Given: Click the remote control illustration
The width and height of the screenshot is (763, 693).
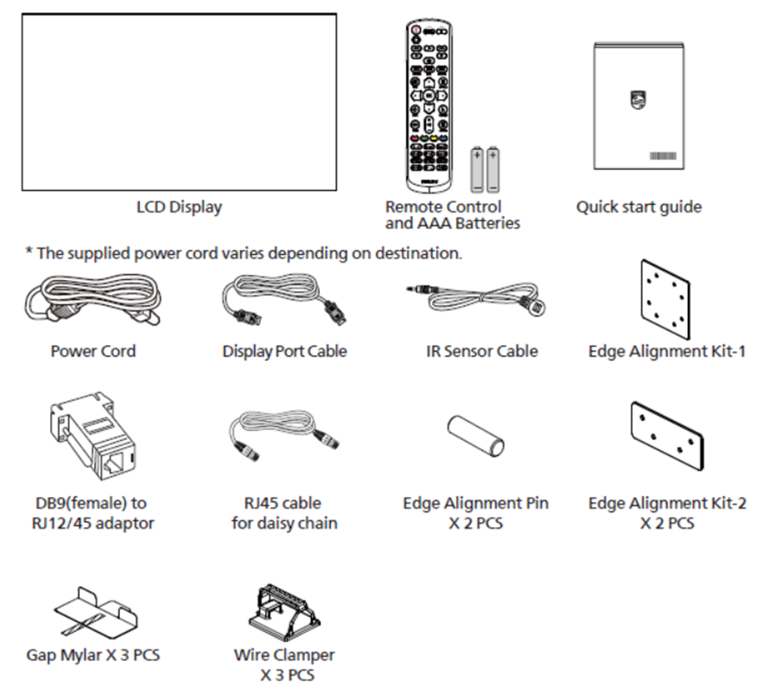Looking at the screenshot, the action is click(429, 105).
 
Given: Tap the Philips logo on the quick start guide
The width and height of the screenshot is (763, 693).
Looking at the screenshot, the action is click(638, 99).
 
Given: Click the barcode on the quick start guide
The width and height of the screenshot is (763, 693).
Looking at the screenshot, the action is click(663, 156).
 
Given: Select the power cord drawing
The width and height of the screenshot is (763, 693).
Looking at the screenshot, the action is click(92, 299).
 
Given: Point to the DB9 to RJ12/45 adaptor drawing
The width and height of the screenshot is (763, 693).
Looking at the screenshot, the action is click(92, 436).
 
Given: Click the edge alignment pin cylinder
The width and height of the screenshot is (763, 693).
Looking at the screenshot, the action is click(476, 436).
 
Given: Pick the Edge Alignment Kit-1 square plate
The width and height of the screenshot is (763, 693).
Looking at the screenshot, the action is click(665, 299).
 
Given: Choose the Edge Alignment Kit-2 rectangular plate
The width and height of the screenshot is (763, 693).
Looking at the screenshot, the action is click(667, 436).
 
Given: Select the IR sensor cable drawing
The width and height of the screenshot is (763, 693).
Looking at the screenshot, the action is click(477, 297).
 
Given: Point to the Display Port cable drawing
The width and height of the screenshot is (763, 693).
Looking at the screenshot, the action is click(284, 299).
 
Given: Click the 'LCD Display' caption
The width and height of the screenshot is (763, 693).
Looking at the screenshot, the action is click(179, 207).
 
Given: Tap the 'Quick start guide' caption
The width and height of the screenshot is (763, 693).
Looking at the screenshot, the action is click(639, 207).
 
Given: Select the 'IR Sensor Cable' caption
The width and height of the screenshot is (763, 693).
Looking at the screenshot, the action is click(482, 352).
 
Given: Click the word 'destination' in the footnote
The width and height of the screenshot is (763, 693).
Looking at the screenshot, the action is click(417, 253).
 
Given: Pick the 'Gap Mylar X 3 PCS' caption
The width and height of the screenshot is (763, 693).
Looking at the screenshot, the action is click(93, 655).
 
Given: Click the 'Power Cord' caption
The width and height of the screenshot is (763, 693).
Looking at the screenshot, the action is click(93, 352).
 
